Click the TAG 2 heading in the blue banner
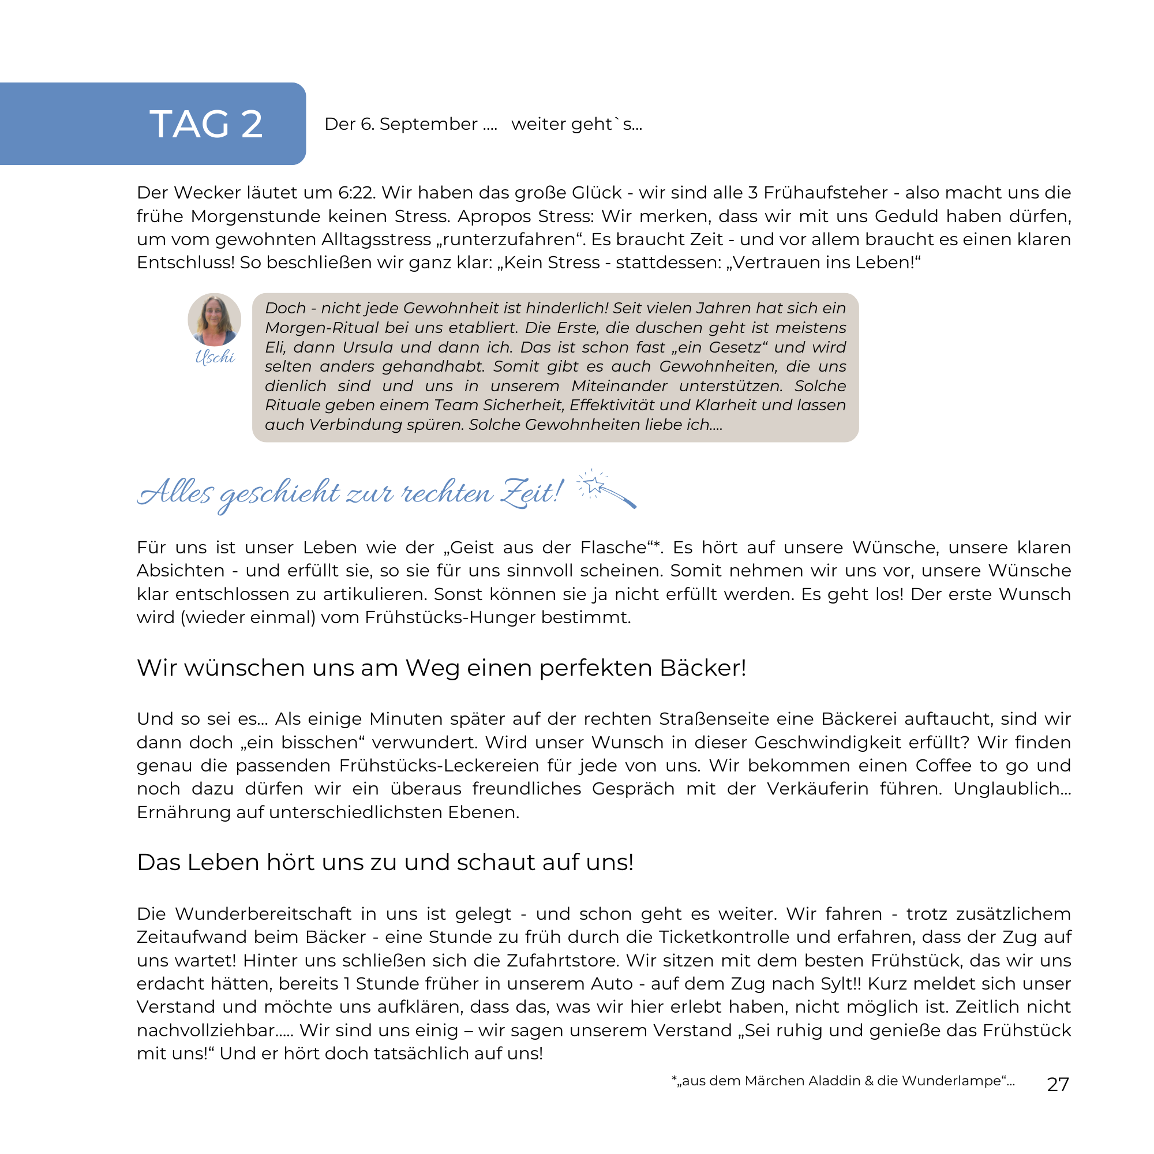coord(206,124)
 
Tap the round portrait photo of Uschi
coord(215,320)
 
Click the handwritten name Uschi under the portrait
coord(215,357)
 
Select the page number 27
coord(1058,1084)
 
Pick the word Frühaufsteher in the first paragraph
coord(826,193)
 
